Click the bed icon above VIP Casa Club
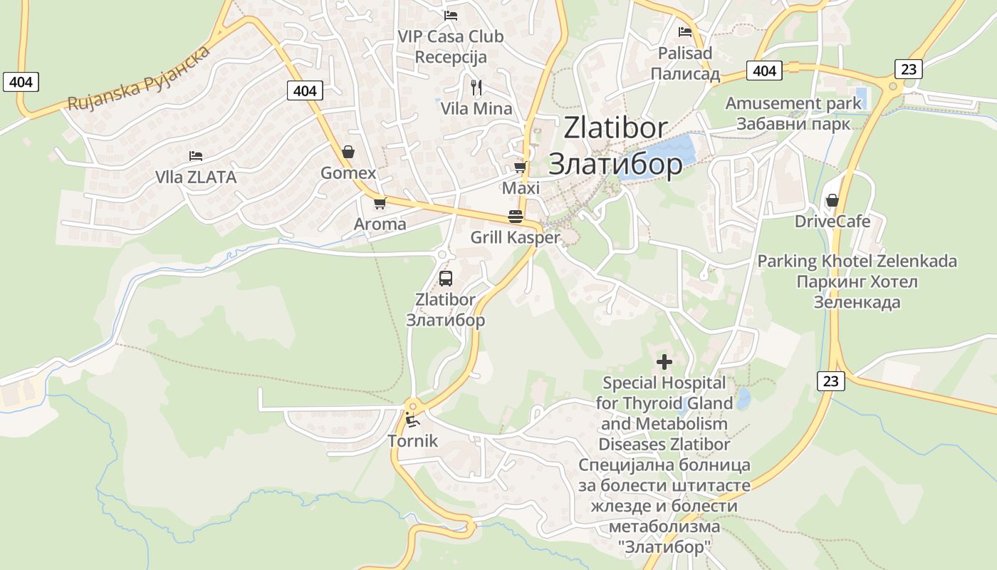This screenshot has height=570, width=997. coord(450,15)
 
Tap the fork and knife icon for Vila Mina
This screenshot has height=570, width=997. coord(476,88)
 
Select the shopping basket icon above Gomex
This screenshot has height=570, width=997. coord(348,152)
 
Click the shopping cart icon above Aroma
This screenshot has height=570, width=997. coord(380,203)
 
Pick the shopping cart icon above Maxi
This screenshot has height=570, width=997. coord(521,167)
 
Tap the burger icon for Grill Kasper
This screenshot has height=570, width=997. coord(516,216)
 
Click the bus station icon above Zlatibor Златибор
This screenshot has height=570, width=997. coord(446,279)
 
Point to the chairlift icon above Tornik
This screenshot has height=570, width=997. coord(412,420)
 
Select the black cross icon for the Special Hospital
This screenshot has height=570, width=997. coord(664,362)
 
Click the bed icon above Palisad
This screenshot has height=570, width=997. coord(685,32)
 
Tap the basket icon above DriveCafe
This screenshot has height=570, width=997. coord(832,200)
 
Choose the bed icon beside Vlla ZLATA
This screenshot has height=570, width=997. coord(196,156)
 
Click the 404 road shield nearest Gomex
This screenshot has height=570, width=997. coord(305,90)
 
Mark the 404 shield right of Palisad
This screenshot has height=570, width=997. coord(764,71)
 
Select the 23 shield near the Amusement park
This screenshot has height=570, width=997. coord(908,68)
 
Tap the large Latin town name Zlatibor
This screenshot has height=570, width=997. coord(615,128)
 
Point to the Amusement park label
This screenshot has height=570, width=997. coord(793,103)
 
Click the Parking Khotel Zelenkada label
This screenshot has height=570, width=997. coord(857,261)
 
